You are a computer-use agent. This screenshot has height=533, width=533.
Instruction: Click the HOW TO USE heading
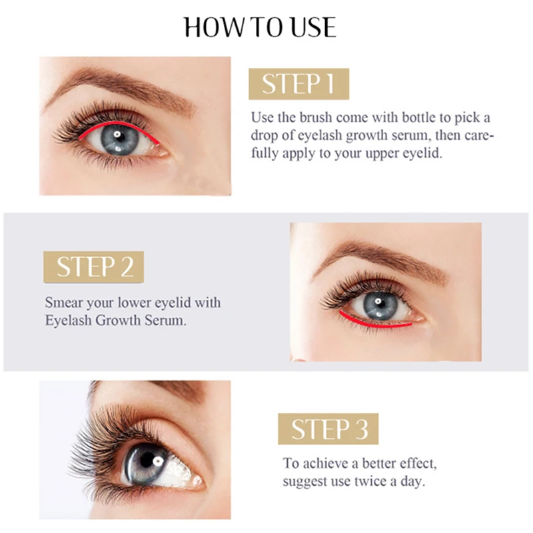(260, 27)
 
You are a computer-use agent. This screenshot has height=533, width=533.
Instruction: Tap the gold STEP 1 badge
(298, 84)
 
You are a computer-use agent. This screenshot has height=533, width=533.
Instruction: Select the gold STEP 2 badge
(94, 266)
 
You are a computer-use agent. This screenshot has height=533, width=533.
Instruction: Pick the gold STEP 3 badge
(328, 429)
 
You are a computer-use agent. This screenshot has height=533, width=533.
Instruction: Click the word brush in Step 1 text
(316, 117)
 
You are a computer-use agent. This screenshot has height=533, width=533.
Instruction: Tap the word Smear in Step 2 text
(63, 302)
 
